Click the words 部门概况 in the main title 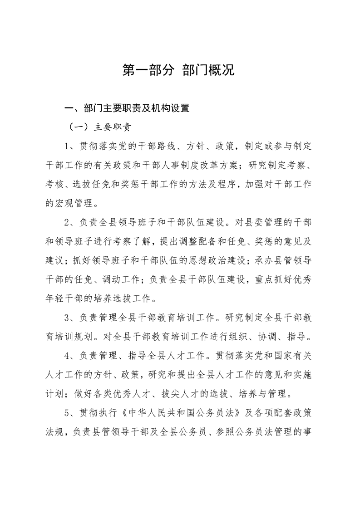pos(208,70)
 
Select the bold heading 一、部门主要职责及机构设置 pos(127,108)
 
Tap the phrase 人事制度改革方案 pos(198,165)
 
